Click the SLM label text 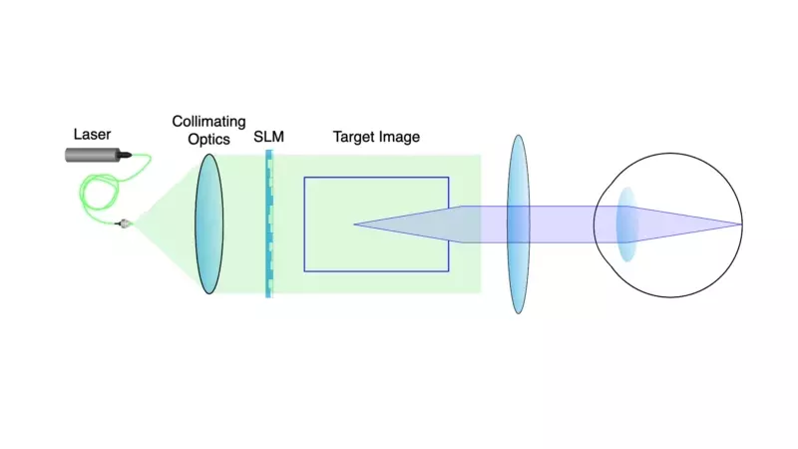[x=268, y=137]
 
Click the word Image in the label [x=400, y=137]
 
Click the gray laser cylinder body [x=93, y=155]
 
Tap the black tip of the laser [x=129, y=155]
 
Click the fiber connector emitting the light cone [x=125, y=223]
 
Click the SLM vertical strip [x=268, y=224]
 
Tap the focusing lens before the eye [x=518, y=224]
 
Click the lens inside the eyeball [x=626, y=224]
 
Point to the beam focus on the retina [x=741, y=224]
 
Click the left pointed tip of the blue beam [x=356, y=224]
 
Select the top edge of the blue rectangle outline [x=376, y=178]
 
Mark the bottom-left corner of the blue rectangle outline [x=304, y=270]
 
